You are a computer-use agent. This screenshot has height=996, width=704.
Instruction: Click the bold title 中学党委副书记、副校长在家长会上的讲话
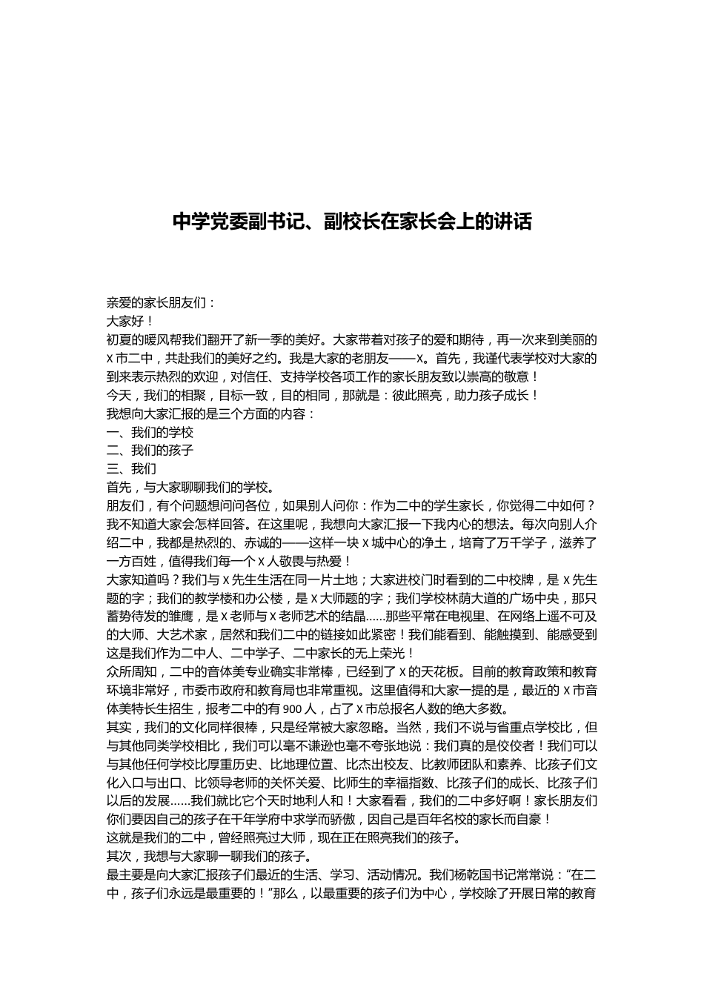coord(352,221)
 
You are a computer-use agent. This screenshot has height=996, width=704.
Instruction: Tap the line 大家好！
coord(131,322)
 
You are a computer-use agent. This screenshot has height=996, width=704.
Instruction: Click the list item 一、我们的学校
coord(150,432)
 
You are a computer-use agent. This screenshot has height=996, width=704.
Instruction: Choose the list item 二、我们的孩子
coord(150,451)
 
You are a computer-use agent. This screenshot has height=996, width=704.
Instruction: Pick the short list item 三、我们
coord(132,469)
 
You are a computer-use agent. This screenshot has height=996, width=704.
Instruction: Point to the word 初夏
coord(119,340)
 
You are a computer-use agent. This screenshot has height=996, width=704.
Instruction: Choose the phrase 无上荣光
coord(376,653)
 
